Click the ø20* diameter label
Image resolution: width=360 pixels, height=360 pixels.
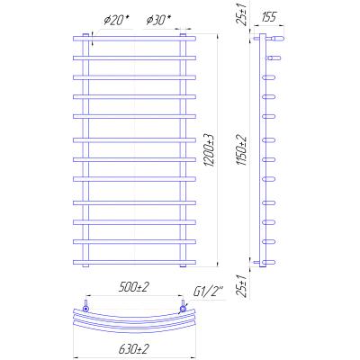click(x=116, y=21)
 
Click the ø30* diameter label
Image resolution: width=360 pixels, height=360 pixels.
click(x=158, y=21)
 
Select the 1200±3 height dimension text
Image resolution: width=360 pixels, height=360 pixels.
click(x=209, y=150)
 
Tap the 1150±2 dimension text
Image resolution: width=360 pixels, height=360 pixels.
click(x=241, y=150)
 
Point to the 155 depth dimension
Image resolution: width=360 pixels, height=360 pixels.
click(x=268, y=17)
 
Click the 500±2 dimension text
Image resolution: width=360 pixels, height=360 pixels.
click(x=134, y=287)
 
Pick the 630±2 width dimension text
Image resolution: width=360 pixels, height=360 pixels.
click(x=134, y=349)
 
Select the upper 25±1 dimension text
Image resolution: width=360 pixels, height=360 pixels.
click(x=241, y=14)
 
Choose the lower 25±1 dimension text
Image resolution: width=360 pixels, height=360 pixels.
click(x=242, y=286)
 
